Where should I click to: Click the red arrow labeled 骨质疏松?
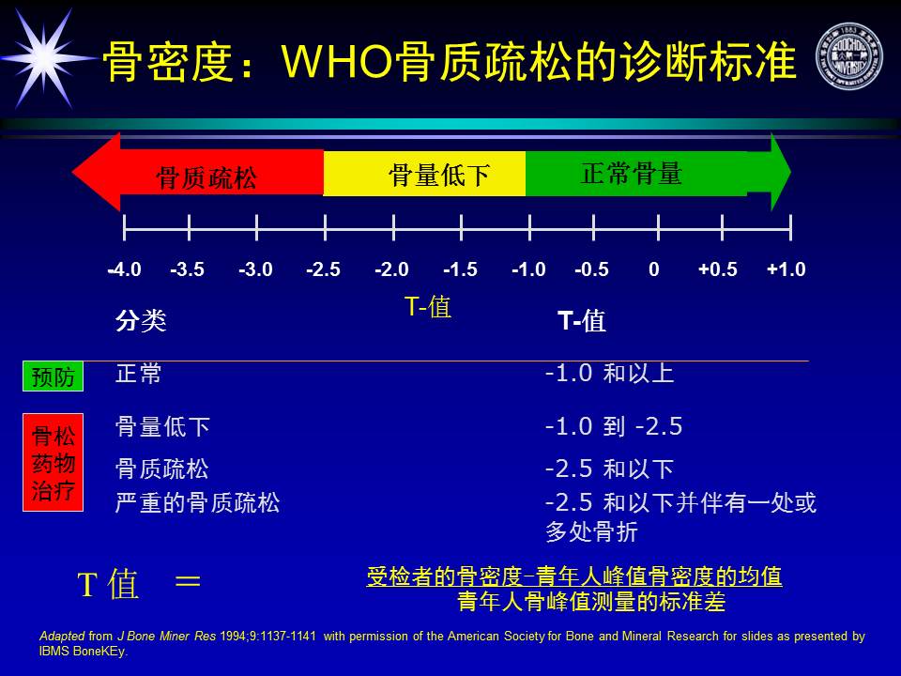coord(198,173)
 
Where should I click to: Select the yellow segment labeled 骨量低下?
coord(424,174)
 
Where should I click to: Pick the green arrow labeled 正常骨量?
coord(658,173)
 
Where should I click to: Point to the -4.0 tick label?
coord(124,269)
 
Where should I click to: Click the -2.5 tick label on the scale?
coord(323,269)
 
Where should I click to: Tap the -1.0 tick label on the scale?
coord(528,269)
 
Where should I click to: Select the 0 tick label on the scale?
coord(654,269)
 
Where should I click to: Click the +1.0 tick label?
coord(786,269)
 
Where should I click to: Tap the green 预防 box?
coord(53,376)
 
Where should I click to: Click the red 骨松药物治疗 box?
coord(53,462)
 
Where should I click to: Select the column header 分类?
coord(141,320)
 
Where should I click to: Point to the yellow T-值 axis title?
coord(428,306)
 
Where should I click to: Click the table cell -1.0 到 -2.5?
coord(614,426)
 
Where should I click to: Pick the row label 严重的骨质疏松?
coord(198,502)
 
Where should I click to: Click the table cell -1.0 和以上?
coord(609,373)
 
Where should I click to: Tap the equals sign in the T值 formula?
coord(188,581)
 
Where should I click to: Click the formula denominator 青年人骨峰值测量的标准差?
coord(591,602)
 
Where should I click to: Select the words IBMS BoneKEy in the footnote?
coord(83,652)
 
